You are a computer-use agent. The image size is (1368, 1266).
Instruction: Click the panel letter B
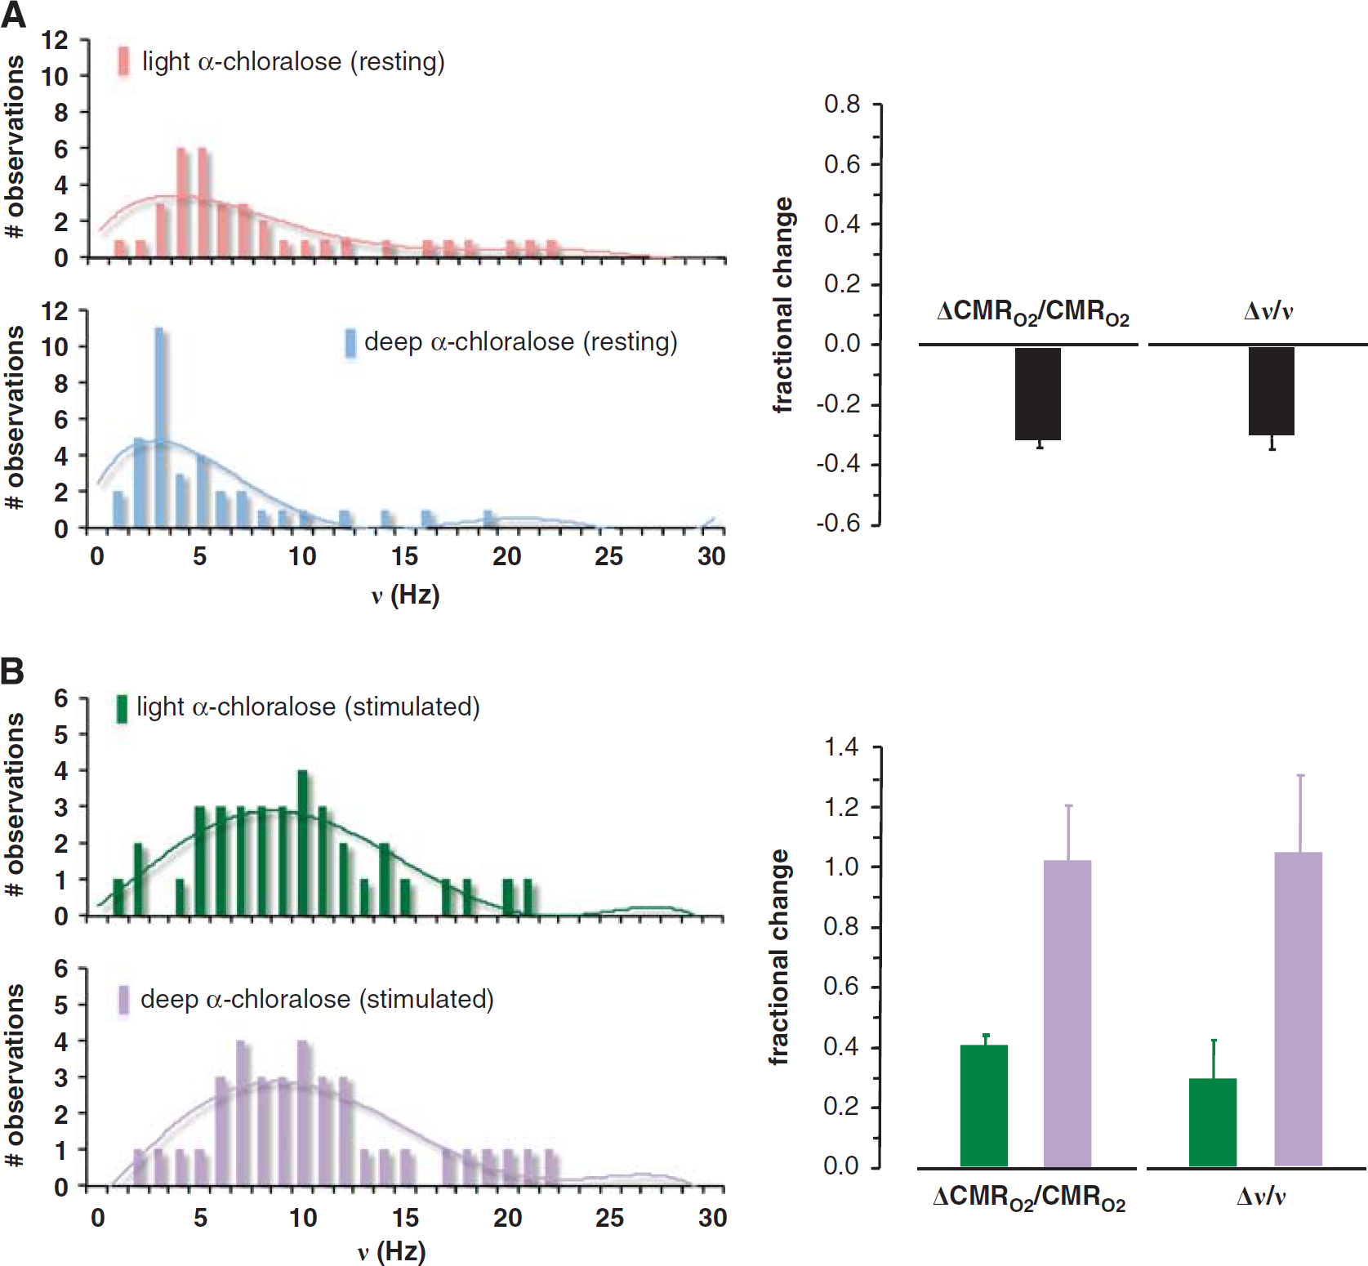(12, 671)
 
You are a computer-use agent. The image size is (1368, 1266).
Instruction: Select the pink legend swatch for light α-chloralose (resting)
(123, 61)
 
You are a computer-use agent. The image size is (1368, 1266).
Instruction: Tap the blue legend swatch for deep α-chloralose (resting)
(350, 343)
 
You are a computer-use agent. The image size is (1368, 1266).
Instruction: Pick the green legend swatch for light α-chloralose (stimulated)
(122, 708)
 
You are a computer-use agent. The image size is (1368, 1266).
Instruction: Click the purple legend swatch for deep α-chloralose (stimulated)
(123, 1000)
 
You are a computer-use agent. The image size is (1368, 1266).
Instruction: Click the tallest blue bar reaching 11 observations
(159, 428)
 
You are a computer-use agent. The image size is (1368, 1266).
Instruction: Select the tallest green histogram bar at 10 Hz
(303, 843)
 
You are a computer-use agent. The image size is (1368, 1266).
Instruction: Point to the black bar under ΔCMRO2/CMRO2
(1037, 394)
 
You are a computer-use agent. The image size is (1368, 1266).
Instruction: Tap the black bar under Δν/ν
(1272, 391)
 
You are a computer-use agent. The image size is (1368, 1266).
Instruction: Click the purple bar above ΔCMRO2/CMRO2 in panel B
(1067, 1014)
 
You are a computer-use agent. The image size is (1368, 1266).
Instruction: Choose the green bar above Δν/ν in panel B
(1213, 1123)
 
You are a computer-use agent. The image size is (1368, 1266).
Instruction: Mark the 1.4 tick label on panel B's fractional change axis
(841, 747)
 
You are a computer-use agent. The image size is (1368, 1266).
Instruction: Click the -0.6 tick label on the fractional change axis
(838, 524)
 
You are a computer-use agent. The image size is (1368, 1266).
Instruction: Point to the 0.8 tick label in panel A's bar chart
(842, 105)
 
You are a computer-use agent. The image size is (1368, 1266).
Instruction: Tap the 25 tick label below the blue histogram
(609, 557)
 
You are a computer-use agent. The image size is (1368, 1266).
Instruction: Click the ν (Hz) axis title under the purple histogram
(392, 1251)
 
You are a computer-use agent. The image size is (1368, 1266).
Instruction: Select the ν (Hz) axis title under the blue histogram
(405, 595)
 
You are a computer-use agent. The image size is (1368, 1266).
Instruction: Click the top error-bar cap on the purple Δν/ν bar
(1300, 775)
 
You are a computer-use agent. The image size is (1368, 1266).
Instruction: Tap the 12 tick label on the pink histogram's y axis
(55, 40)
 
